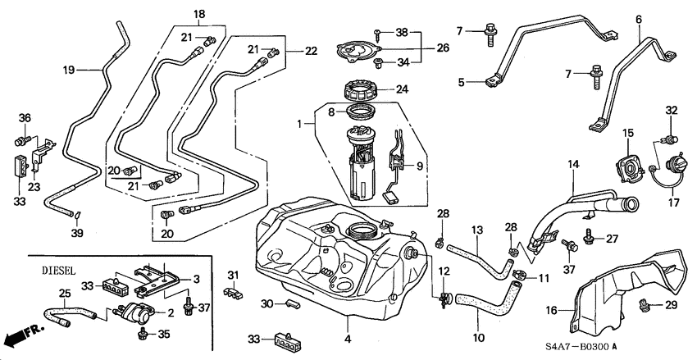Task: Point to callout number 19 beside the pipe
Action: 68,71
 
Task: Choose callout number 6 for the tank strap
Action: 639,18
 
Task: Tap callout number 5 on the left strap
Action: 462,83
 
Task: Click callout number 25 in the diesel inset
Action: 43,293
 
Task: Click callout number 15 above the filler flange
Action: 627,133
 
